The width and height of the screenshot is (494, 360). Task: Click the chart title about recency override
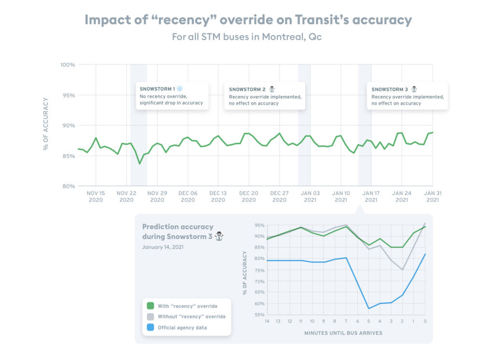(x=248, y=20)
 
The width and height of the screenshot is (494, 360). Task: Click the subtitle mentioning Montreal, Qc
(x=247, y=37)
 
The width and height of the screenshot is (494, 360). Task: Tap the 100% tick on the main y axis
(x=68, y=65)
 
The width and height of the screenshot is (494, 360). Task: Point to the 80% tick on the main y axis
(x=68, y=186)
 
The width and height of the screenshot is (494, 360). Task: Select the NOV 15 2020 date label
(x=96, y=196)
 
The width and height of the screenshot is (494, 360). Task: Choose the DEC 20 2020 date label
(x=248, y=196)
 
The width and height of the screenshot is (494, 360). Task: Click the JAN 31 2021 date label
(x=432, y=196)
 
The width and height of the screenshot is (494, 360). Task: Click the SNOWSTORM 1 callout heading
(x=157, y=89)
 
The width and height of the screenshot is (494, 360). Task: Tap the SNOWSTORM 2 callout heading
(x=247, y=89)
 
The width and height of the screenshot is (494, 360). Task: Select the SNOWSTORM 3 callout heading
(x=390, y=89)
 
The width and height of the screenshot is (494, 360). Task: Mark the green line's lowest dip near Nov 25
(x=140, y=164)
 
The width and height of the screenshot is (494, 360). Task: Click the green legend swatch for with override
(x=151, y=306)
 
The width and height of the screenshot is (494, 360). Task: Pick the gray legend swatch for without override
(x=151, y=317)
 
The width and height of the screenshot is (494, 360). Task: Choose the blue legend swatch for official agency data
(x=151, y=328)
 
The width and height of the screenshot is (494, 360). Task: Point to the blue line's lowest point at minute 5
(x=369, y=308)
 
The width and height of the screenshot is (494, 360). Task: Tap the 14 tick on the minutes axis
(x=267, y=321)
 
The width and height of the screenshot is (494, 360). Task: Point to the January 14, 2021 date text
(x=163, y=247)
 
